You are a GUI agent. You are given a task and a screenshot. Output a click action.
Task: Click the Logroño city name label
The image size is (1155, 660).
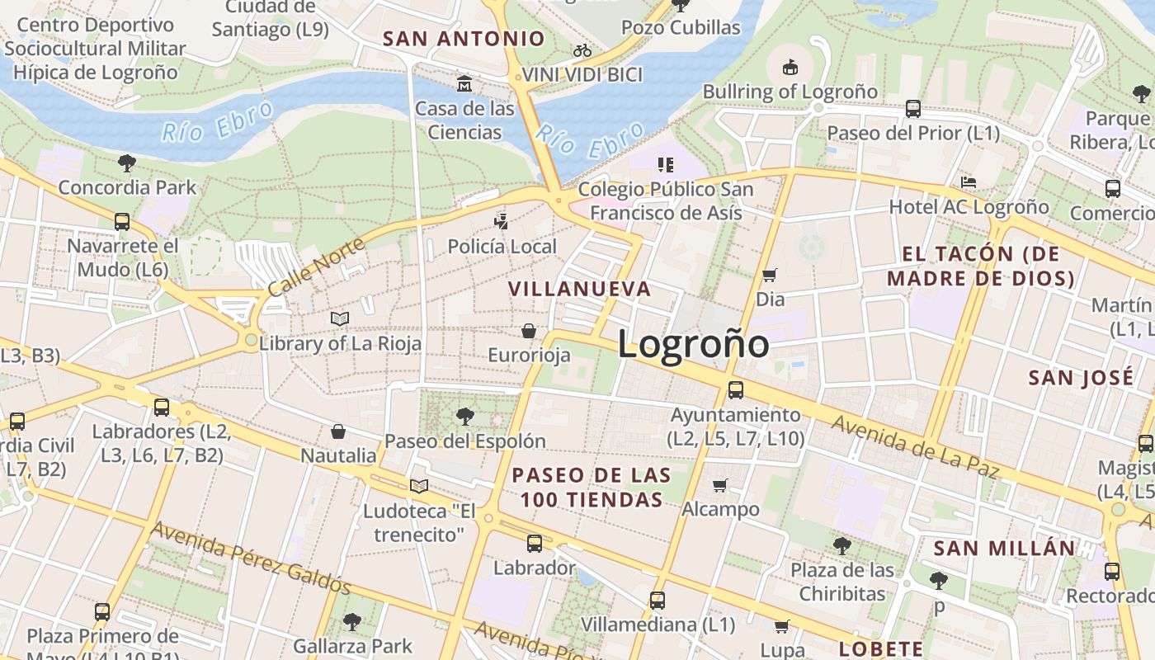693,343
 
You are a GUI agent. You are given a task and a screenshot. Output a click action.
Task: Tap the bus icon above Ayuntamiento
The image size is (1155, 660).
735,390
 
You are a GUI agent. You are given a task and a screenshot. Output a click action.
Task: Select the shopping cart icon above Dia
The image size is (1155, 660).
770,275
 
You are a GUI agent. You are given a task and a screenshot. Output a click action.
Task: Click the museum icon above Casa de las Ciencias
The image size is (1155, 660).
464,84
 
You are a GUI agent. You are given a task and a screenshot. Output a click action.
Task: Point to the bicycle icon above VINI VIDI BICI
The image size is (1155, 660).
582,50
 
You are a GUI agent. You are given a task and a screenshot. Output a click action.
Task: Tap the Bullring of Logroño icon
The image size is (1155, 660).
790,67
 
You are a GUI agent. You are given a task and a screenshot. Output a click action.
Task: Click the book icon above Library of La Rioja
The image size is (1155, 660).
340,318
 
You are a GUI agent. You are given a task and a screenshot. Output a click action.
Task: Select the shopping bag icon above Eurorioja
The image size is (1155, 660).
529,331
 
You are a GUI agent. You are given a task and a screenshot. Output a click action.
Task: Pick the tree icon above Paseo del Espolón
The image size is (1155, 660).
465,416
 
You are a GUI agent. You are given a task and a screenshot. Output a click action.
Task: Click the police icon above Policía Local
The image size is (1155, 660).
502,221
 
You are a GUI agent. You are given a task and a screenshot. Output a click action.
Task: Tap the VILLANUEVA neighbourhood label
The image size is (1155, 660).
579,289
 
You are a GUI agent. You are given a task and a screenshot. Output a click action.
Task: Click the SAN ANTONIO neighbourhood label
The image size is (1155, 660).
464,38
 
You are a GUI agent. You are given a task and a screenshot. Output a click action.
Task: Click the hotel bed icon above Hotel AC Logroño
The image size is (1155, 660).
969,182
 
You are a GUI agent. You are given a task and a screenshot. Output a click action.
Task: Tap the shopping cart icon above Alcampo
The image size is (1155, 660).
720,485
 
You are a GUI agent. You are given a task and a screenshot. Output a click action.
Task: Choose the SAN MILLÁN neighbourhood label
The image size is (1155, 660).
1004,549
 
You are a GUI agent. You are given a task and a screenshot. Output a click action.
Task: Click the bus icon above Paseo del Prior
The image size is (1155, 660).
913,108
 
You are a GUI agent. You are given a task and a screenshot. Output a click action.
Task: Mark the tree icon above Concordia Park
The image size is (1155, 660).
127,163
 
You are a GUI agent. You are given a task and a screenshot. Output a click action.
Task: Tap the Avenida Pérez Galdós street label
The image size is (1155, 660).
251,558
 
